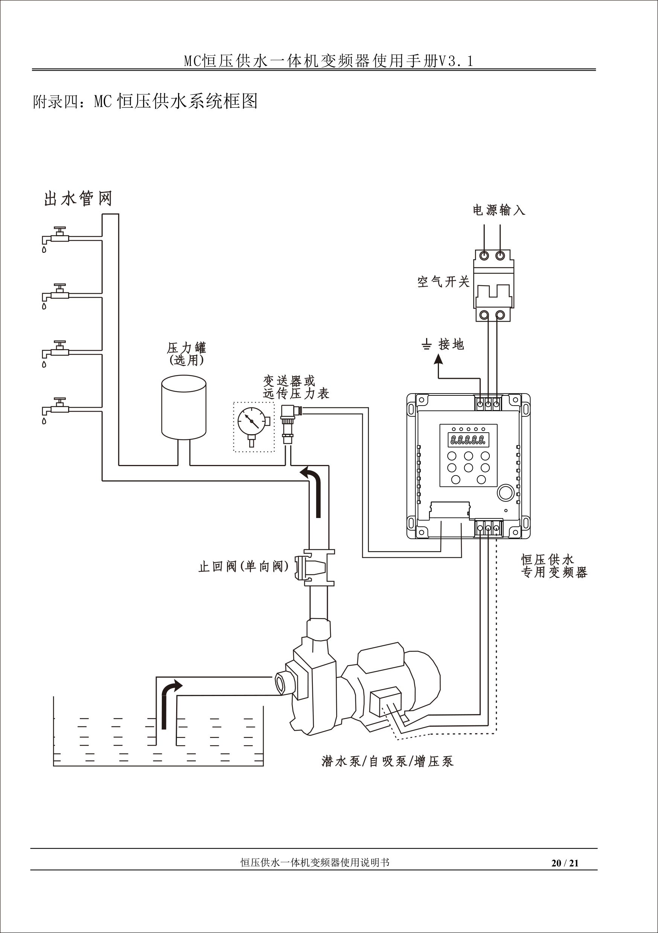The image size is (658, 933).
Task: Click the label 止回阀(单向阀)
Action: (243, 566)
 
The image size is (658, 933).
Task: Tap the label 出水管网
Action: (78, 199)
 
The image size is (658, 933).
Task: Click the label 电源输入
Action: (499, 210)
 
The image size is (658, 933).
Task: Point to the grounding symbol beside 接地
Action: (426, 345)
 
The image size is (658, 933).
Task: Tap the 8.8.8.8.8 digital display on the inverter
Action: (468, 440)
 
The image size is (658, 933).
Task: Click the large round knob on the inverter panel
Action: (506, 492)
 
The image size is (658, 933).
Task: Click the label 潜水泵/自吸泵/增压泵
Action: (387, 761)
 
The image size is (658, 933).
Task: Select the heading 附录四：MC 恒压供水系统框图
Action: (145, 101)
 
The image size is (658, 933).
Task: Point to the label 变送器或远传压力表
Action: (295, 387)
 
